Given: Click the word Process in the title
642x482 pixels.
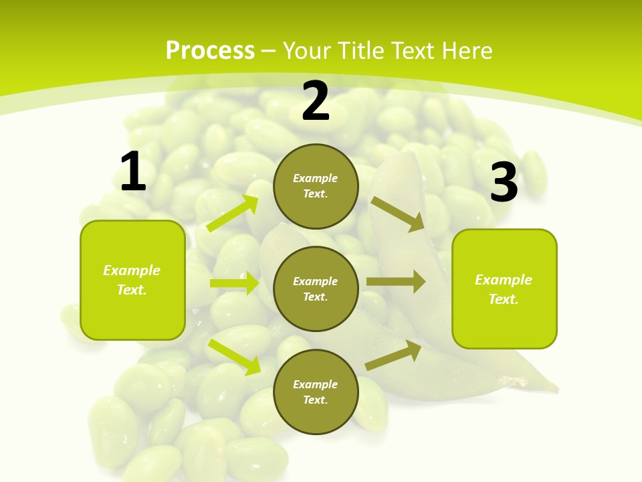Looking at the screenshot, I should [x=210, y=51].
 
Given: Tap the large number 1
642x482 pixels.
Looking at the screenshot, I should [x=133, y=172].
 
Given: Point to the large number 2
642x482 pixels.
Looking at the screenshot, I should [x=316, y=101].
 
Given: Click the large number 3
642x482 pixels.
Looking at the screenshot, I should [x=504, y=182].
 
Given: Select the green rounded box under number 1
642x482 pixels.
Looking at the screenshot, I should [x=132, y=280].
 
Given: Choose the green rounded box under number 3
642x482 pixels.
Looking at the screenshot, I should [x=504, y=289].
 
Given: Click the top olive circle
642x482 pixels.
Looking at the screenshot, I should [x=316, y=186].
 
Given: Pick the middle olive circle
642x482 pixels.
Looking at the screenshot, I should [x=316, y=289].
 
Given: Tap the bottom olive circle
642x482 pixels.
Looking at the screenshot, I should [x=316, y=392].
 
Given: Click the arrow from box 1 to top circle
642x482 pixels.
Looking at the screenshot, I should [x=233, y=214].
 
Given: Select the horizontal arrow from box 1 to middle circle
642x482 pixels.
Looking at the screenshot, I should [x=234, y=283].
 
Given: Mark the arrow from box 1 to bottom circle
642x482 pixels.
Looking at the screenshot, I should [x=234, y=356].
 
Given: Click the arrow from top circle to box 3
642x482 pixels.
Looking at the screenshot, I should [x=398, y=214].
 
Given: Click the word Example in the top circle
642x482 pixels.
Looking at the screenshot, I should [x=316, y=179].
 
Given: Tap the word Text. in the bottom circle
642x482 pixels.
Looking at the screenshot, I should [x=316, y=400].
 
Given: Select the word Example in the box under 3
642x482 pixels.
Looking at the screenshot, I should [x=504, y=280].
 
